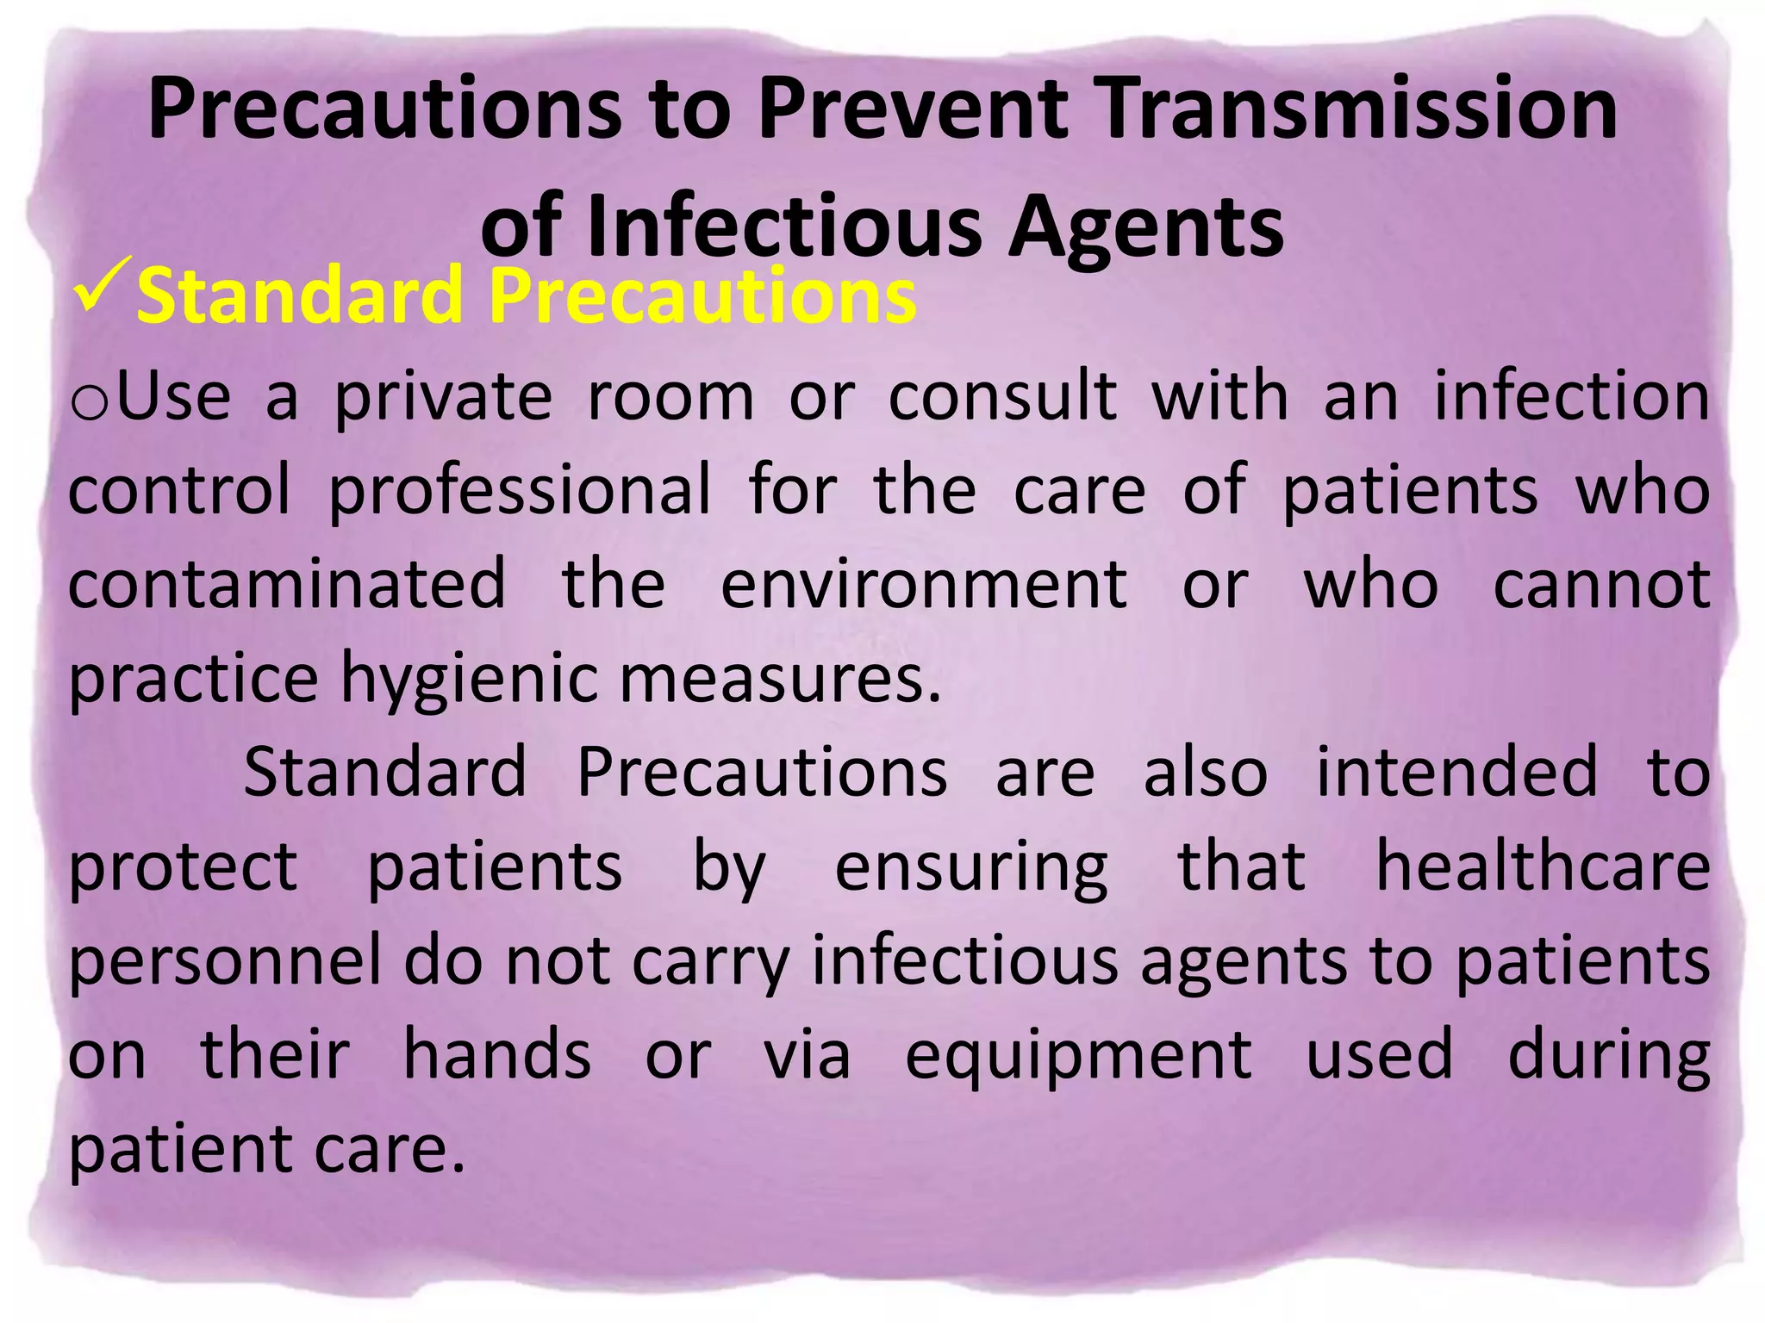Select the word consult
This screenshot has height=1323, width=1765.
pyautogui.click(x=1003, y=396)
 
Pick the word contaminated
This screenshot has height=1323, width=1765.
pyautogui.click(x=287, y=584)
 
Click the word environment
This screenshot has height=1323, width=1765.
pyautogui.click(x=924, y=584)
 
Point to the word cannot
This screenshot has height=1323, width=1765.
pyautogui.click(x=1601, y=584)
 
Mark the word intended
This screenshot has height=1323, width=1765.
pyautogui.click(x=1456, y=772)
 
